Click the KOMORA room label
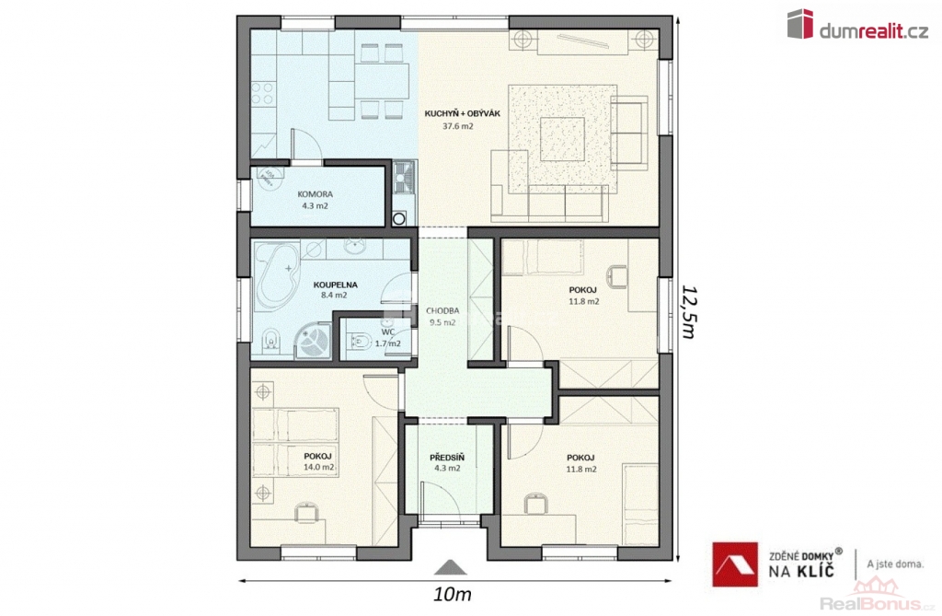(316, 194)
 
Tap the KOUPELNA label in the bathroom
(335, 285)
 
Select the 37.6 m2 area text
(458, 126)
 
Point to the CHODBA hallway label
(442, 311)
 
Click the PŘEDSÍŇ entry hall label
(447, 458)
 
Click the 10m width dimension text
(452, 595)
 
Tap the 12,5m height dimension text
(688, 311)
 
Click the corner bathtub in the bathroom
(276, 275)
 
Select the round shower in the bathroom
(313, 341)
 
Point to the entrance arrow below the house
(446, 567)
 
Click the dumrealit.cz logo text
(873, 30)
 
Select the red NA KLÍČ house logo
(735, 564)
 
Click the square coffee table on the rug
(562, 139)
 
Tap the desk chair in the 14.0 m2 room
(307, 514)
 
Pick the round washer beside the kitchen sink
(399, 219)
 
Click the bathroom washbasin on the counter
(356, 245)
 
